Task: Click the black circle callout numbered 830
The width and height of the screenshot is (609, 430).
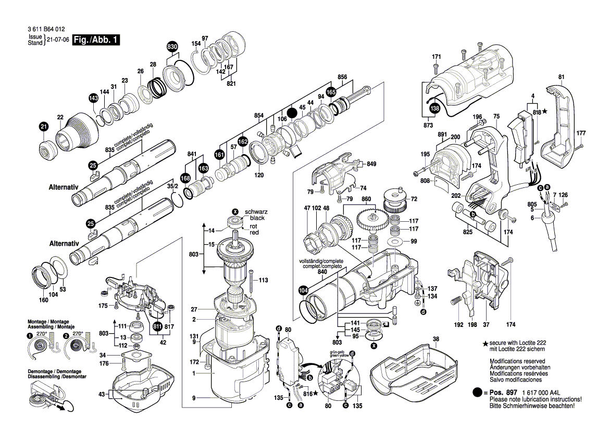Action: (172, 47)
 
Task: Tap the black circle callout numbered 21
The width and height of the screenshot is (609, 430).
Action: (44, 126)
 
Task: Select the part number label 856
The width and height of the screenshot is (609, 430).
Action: (342, 77)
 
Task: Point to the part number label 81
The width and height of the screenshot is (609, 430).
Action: (561, 78)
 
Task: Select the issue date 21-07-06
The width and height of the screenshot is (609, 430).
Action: (58, 40)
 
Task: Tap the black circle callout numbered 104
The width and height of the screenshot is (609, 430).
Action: (303, 291)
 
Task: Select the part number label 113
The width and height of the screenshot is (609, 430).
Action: (263, 280)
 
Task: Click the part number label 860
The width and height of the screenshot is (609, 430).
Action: (366, 199)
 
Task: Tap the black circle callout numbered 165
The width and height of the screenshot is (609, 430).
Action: (331, 92)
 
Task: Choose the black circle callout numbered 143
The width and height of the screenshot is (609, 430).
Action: (93, 98)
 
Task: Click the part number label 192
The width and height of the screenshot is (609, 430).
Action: (458, 325)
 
